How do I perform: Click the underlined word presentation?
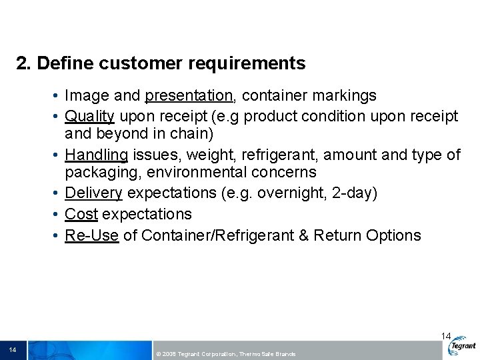189,96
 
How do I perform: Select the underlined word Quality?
89,117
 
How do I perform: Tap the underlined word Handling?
96,155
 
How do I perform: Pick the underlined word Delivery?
93,193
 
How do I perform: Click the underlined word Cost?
81,214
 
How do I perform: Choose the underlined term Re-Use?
91,235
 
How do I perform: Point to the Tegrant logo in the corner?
463,346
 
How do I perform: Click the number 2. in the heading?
24,64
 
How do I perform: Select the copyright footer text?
225,354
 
